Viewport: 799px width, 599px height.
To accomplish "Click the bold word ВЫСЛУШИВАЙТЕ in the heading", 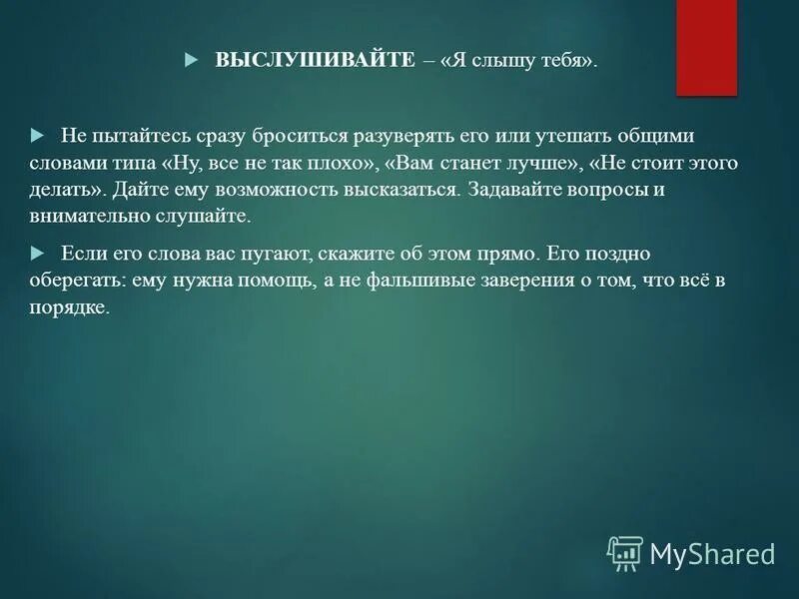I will pos(314,61).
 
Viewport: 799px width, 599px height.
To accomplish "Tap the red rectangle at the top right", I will pos(706,47).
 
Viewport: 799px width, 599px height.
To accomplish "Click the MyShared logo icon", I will pos(625,552).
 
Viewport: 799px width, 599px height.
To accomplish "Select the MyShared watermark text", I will pos(712,554).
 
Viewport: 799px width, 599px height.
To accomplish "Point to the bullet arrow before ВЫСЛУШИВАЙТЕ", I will pos(193,61).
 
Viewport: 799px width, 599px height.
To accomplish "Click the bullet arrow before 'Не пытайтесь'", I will pos(38,134).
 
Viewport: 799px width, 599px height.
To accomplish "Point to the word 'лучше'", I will pos(534,163).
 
